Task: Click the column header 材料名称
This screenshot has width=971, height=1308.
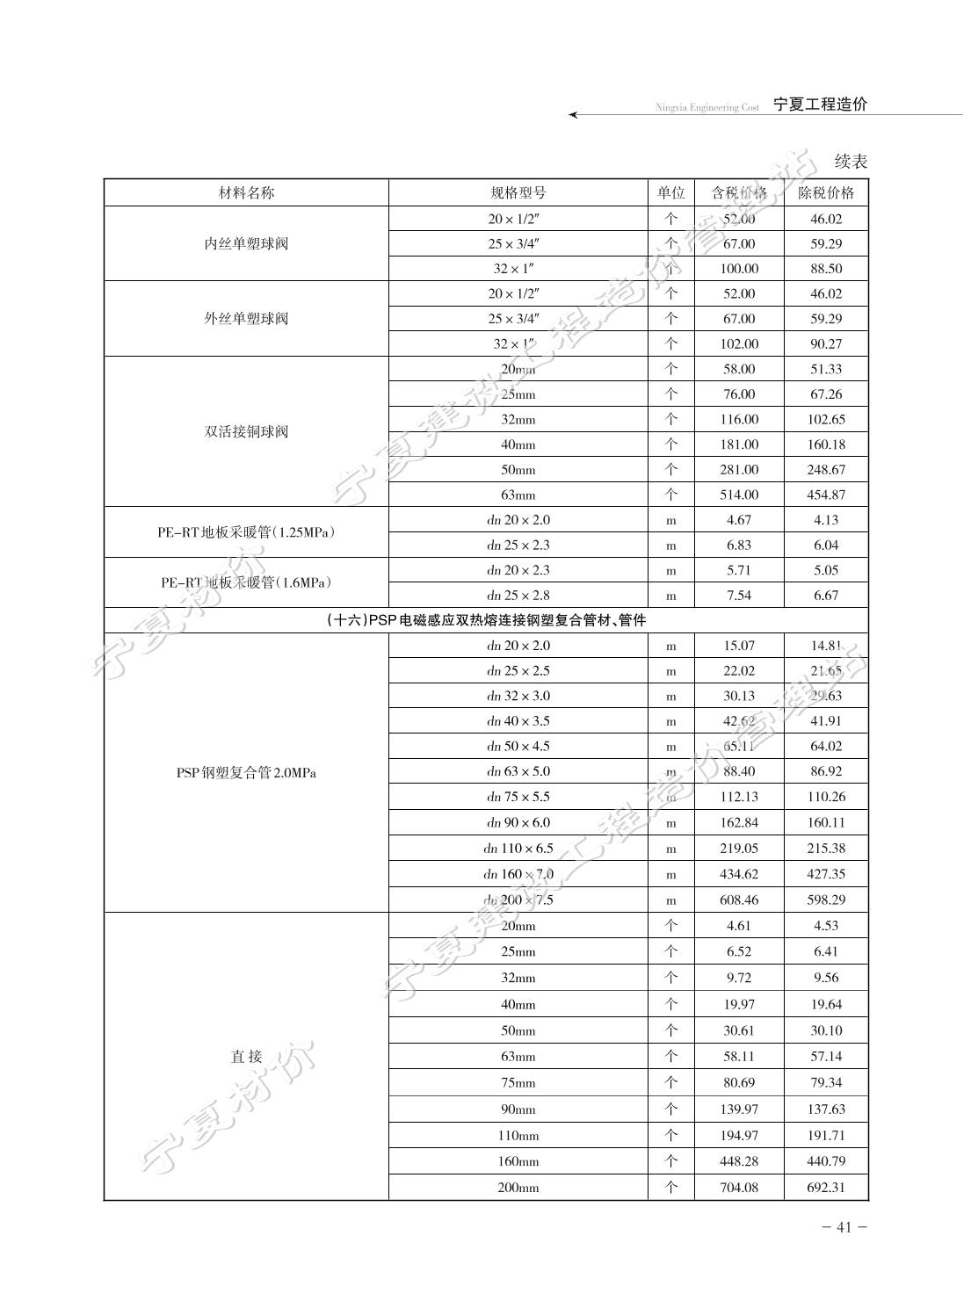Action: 246,193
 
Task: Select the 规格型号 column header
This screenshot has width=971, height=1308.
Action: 518,193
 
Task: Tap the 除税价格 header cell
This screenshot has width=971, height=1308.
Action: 825,193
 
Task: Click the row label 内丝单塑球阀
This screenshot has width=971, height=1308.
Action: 246,243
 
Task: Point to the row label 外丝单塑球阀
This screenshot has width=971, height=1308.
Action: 246,318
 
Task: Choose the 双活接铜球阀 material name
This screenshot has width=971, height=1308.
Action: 246,431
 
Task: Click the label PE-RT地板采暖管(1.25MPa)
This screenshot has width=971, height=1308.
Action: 246,532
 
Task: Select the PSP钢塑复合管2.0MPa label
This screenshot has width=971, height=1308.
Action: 246,773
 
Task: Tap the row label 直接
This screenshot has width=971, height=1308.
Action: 246,1057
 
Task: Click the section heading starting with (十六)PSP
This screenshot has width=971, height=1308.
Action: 486,620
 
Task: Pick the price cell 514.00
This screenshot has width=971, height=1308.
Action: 739,495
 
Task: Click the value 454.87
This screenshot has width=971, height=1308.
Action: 826,495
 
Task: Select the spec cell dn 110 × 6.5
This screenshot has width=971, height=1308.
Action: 518,849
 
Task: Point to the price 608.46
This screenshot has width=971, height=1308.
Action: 739,900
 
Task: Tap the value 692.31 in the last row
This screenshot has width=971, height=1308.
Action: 826,1188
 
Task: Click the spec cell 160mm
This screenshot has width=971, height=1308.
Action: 518,1161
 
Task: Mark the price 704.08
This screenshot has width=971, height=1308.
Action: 739,1188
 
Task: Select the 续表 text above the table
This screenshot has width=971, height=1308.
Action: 851,162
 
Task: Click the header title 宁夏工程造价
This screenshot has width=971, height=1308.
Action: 820,105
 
